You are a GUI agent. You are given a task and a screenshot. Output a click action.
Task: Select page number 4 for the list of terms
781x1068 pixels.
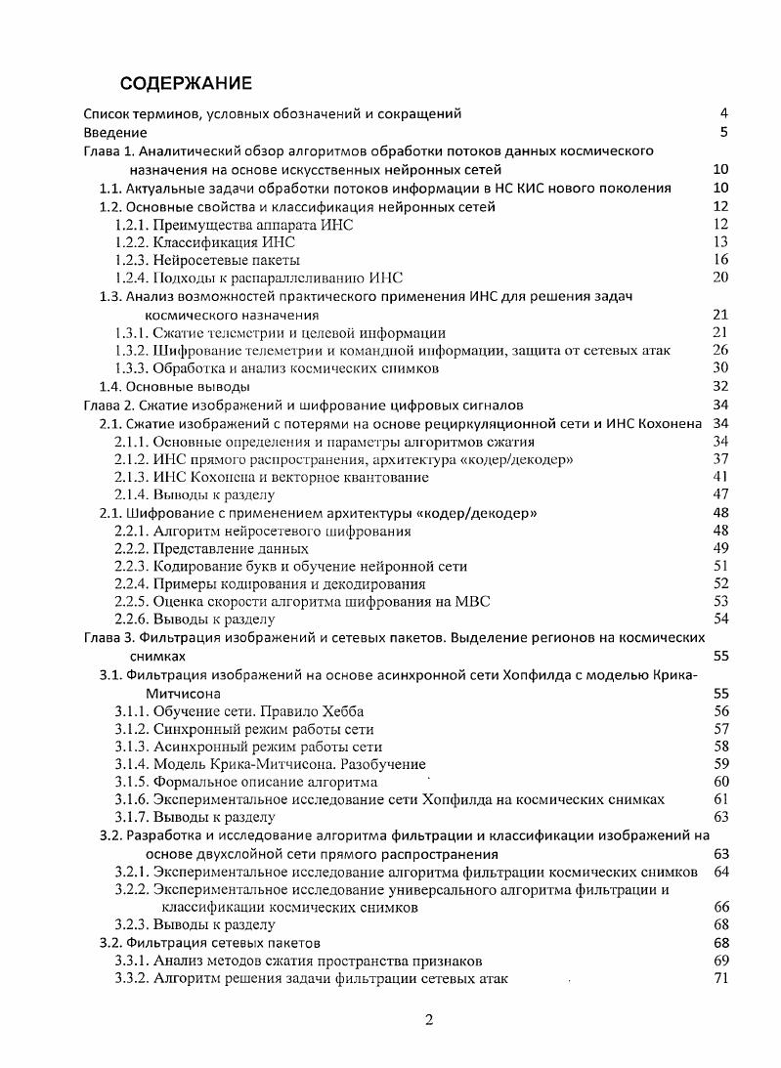click(723, 113)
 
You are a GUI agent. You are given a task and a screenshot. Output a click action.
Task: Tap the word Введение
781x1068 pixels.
click(114, 132)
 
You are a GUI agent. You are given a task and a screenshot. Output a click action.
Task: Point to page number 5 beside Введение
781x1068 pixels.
click(723, 132)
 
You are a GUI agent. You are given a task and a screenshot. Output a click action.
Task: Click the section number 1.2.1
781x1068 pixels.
click(132, 225)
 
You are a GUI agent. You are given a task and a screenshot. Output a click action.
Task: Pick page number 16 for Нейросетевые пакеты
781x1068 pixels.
click(721, 260)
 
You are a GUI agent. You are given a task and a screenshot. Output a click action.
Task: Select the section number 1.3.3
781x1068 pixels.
click(132, 368)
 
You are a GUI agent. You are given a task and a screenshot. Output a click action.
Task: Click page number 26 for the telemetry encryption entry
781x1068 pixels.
click(721, 351)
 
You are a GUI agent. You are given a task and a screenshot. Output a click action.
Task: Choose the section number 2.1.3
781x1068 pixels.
click(132, 477)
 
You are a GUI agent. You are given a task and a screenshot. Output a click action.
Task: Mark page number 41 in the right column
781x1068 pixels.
click(721, 477)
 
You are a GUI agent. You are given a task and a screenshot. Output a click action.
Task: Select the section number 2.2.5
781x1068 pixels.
click(132, 601)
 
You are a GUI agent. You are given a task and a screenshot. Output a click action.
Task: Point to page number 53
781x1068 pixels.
click(721, 601)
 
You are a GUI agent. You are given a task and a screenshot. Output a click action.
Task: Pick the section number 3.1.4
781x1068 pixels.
click(132, 764)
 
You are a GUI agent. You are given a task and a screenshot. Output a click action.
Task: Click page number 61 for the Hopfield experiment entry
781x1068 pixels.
click(721, 799)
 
